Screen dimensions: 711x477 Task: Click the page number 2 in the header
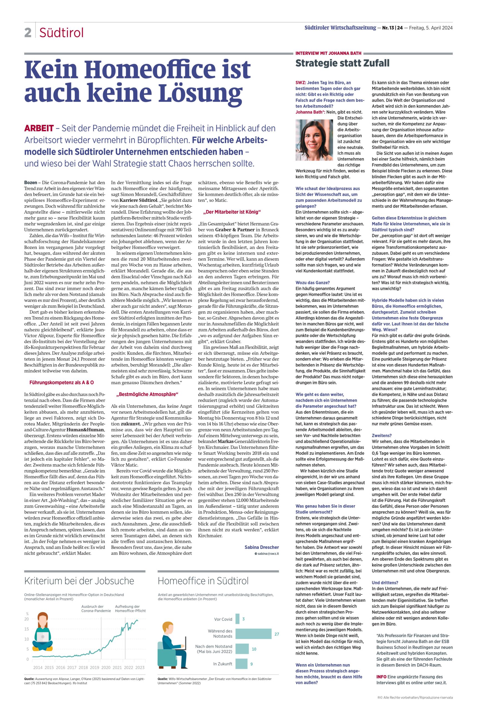pos(28,32)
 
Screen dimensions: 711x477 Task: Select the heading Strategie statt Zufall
pos(342,63)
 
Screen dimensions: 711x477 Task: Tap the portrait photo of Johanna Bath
pos(315,140)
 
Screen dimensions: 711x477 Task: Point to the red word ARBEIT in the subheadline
pos(39,129)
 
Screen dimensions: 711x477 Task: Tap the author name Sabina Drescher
pos(262,547)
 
